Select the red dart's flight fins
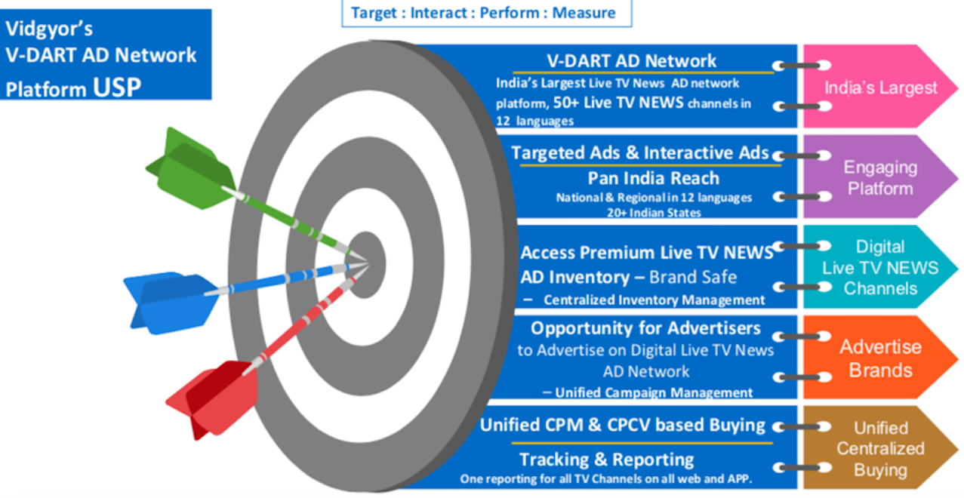pyautogui.click(x=213, y=398)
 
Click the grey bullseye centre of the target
pyautogui.click(x=366, y=265)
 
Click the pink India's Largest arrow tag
pyautogui.click(x=880, y=87)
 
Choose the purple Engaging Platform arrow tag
pyautogui.click(x=880, y=177)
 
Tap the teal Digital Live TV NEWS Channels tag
pyautogui.click(x=880, y=267)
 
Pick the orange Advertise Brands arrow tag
pyautogui.click(x=880, y=358)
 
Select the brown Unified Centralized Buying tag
pyautogui.click(x=880, y=447)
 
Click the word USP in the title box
pyautogui.click(x=116, y=88)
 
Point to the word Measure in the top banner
pyautogui.click(x=584, y=13)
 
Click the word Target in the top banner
pyautogui.click(x=374, y=14)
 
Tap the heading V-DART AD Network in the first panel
pyautogui.click(x=631, y=61)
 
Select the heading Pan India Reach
pyautogui.click(x=653, y=178)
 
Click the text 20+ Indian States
pyautogui.click(x=654, y=213)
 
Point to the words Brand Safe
pyautogui.click(x=693, y=277)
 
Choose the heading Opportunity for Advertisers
pyautogui.click(x=645, y=328)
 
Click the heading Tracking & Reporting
pyautogui.click(x=606, y=460)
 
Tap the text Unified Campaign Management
pyautogui.click(x=654, y=392)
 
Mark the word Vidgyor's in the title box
pyautogui.click(x=49, y=29)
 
